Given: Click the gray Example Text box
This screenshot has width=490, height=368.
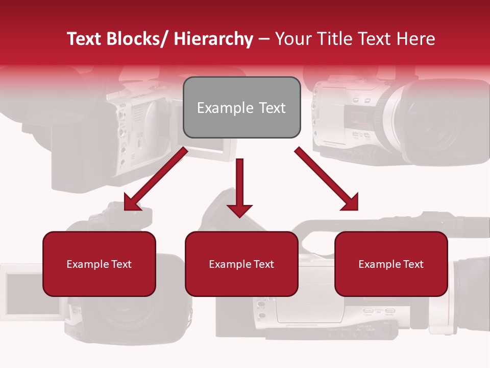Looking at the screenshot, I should point(241,107).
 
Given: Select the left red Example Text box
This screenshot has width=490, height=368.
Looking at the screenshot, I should point(99,264).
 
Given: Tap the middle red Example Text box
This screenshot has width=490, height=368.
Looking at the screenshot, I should point(241,264).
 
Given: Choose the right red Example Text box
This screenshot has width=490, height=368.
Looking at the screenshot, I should point(391,264).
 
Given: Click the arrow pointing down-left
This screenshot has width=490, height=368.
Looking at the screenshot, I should point(156,179).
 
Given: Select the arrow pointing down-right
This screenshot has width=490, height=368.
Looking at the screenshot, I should point(327,179).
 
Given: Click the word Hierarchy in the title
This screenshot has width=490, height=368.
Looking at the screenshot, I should point(213,39).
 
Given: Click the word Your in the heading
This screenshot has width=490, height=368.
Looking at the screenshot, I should point(293,39).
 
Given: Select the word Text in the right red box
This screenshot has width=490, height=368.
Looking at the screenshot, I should point(413,264).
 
